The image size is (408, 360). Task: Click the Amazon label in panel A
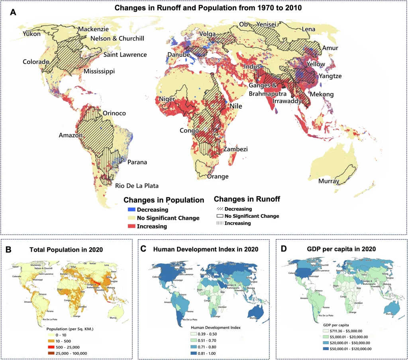[71, 135]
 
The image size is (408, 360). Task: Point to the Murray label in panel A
[329, 182]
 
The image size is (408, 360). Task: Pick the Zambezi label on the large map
[235, 149]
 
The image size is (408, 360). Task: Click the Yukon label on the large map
[32, 34]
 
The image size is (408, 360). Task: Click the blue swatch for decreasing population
[131, 209]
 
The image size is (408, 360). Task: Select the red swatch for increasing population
[131, 227]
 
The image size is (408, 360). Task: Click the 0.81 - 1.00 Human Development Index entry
[206, 353]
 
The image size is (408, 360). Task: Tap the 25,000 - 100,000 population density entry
[72, 353]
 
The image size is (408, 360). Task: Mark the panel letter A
[13, 12]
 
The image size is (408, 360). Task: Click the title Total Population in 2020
[67, 250]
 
